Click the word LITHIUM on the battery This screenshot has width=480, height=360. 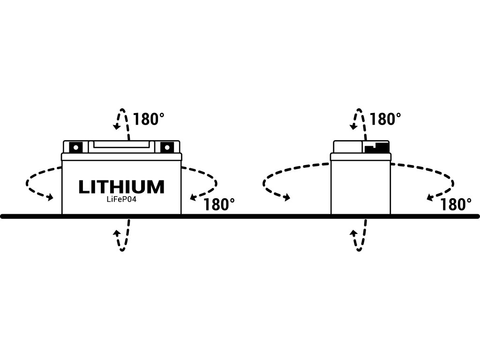tap(121, 187)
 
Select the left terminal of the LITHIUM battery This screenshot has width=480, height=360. tap(75, 147)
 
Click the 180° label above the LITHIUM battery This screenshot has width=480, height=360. tap(149, 119)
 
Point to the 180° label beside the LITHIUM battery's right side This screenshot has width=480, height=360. tap(219, 204)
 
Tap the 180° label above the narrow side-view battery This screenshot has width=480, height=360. tap(385, 119)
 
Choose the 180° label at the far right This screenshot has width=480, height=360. tap(456, 204)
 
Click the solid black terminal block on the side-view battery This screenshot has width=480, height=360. tap(376, 147)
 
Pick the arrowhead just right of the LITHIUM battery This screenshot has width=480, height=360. tap(193, 197)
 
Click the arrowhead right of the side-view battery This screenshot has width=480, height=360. tap(430, 197)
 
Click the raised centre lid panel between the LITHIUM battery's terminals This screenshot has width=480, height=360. tap(121, 146)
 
